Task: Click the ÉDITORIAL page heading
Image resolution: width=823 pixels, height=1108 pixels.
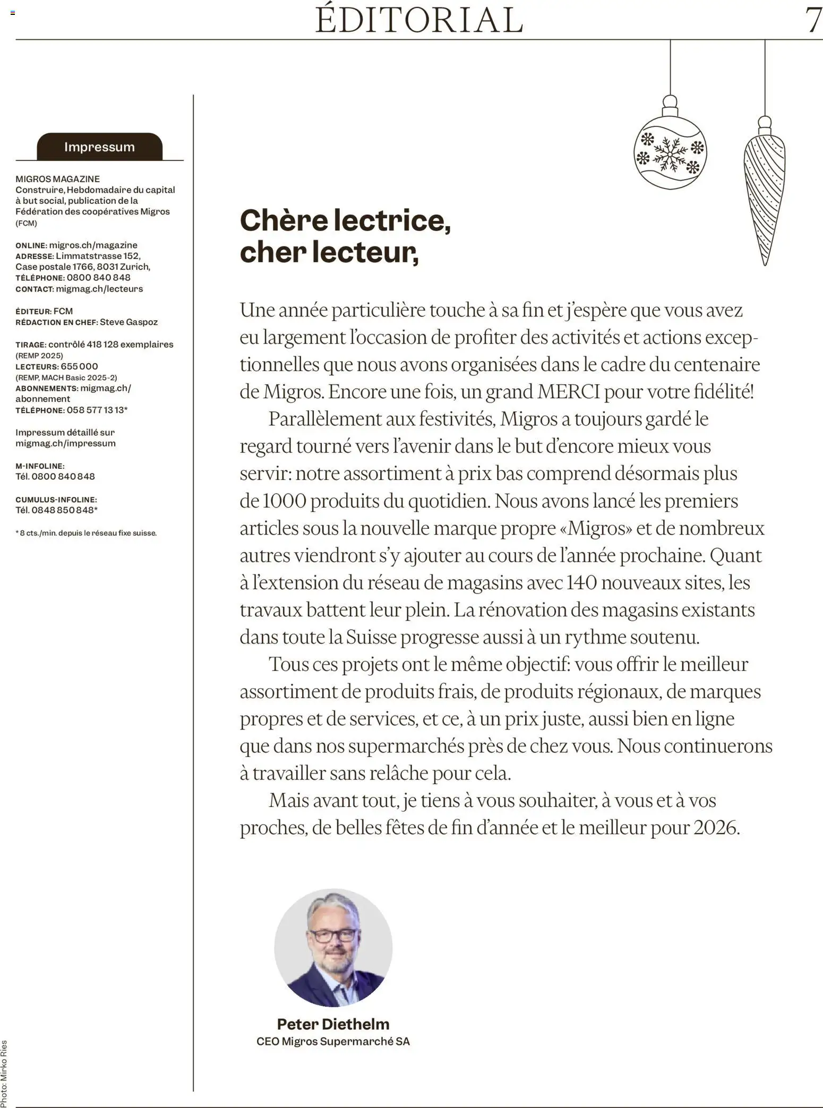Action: [419, 20]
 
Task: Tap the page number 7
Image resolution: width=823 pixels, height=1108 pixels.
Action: [813, 20]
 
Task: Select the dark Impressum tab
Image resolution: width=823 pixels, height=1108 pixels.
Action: [99, 147]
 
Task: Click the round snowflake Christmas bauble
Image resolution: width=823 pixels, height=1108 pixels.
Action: [670, 152]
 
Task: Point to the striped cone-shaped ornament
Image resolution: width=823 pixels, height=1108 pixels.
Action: [765, 196]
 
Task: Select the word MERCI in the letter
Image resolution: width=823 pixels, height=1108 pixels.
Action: [568, 392]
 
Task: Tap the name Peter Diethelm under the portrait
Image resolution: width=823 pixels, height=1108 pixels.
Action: [333, 1024]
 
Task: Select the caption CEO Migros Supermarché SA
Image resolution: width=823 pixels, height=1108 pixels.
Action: [333, 1042]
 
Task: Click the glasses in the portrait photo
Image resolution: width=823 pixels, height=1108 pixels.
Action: [333, 935]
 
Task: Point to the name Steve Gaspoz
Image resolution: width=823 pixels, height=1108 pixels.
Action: [128, 322]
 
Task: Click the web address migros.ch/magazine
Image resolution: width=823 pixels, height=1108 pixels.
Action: [93, 245]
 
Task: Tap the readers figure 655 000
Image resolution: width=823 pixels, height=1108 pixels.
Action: [79, 366]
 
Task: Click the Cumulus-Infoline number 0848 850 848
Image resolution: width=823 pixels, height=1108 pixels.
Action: [63, 510]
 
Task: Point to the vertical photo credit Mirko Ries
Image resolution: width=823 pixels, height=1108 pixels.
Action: [4, 1072]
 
